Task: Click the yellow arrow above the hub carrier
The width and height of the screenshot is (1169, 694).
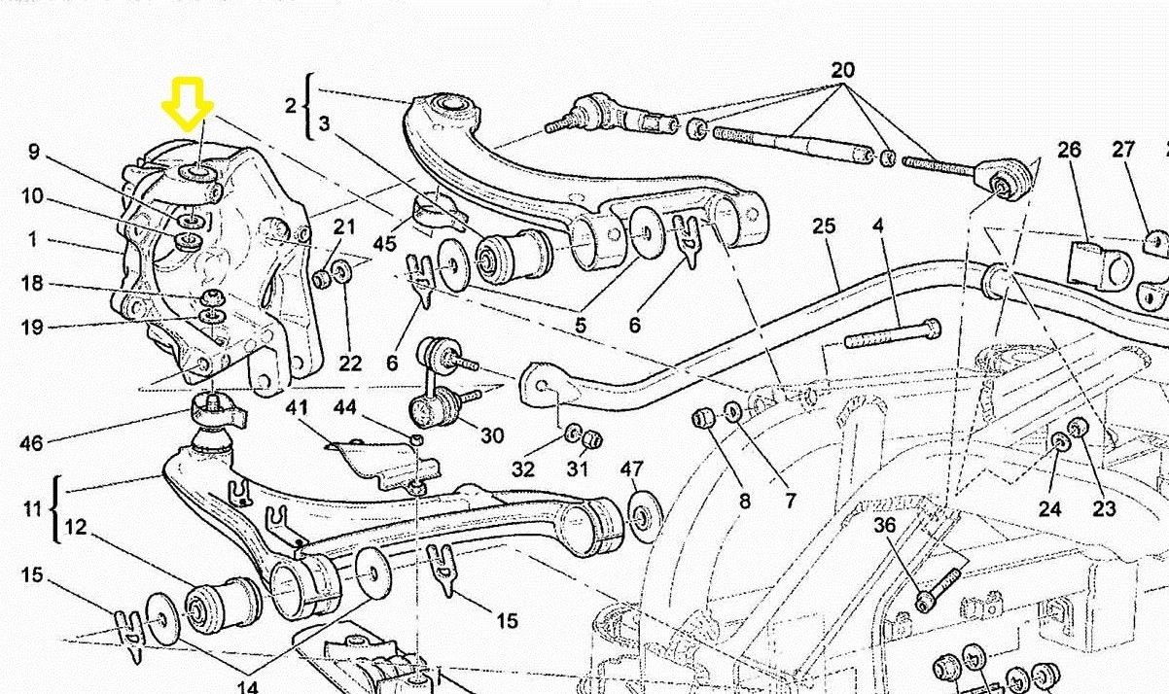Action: (x=188, y=103)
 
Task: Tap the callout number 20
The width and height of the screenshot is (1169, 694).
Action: (x=842, y=71)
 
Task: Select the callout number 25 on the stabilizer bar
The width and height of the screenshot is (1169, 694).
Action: (x=824, y=226)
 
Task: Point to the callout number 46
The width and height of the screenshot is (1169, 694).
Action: (x=31, y=444)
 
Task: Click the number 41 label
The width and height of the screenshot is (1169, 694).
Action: (x=298, y=409)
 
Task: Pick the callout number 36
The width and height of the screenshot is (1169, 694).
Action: (x=884, y=525)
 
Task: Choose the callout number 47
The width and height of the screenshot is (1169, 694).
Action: (x=631, y=469)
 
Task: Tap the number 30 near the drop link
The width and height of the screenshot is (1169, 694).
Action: (x=492, y=435)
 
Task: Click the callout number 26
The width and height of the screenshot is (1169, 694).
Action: (x=1069, y=150)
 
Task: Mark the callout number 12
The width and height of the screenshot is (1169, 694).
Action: (x=76, y=528)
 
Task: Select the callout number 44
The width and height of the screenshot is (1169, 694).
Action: (x=344, y=407)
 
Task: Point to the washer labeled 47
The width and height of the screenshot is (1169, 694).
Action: (x=643, y=512)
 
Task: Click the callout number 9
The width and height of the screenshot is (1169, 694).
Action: (x=33, y=152)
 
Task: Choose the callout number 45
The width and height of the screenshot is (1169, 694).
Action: (x=384, y=242)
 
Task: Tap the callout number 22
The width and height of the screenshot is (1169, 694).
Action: (x=350, y=363)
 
